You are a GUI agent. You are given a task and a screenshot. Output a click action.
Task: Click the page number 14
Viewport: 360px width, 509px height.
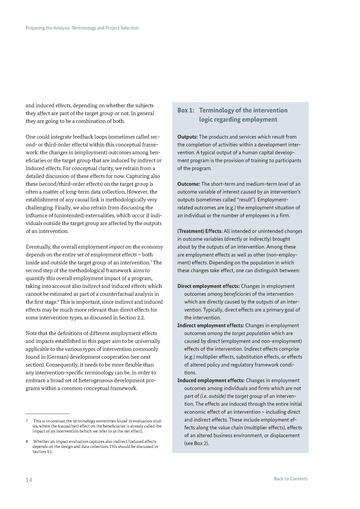[29, 480]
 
